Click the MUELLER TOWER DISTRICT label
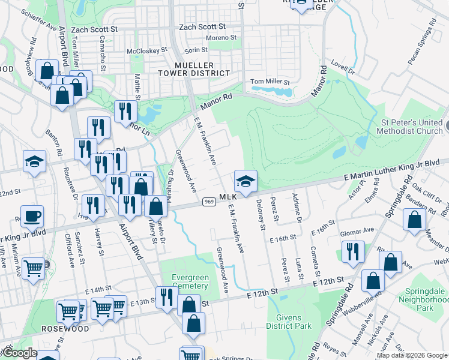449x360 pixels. coord(193,69)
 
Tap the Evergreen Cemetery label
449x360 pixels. coord(190,281)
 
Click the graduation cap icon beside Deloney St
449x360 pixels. coord(246,181)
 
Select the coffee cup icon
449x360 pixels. coord(34,215)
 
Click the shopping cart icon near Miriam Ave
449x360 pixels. coord(33,268)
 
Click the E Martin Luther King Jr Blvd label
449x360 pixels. coord(396,170)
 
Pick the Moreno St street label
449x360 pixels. coord(221,38)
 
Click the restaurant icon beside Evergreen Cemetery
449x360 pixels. coord(165,296)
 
